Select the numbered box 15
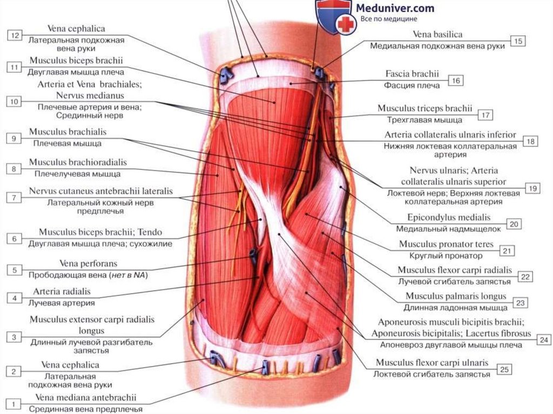pyautogui.click(x=518, y=41)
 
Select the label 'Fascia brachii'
pyautogui.click(x=412, y=73)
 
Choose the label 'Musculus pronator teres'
pyautogui.click(x=441, y=244)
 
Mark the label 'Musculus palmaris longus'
pyautogui.click(x=456, y=296)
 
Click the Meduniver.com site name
pyautogui.click(x=394, y=8)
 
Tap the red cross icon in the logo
pyautogui.click(x=344, y=24)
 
